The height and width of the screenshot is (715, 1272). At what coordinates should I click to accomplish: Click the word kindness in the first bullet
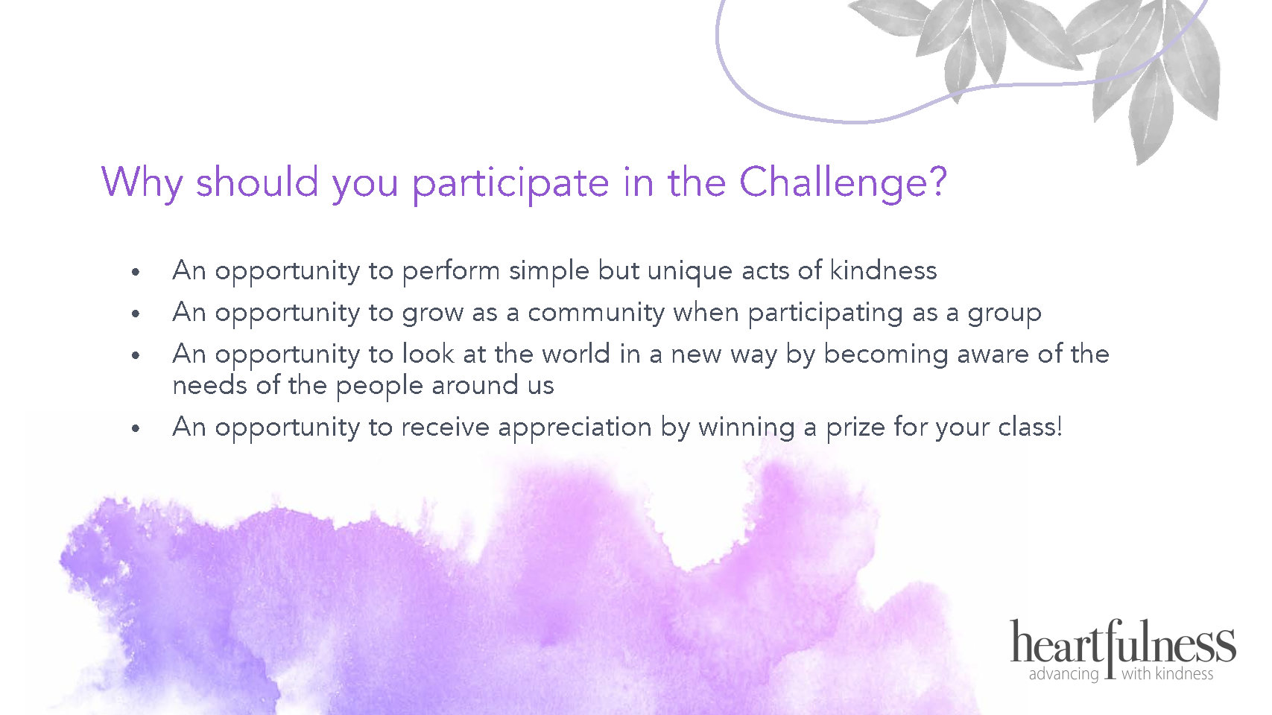point(883,270)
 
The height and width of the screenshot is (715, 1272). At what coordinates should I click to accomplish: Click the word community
point(595,314)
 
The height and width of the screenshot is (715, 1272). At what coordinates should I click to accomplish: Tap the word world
point(576,354)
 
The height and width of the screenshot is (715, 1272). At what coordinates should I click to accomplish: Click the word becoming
point(885,355)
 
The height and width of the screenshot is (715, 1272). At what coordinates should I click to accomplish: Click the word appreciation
point(575,428)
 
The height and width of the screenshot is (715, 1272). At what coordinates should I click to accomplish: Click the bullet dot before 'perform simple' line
point(135,273)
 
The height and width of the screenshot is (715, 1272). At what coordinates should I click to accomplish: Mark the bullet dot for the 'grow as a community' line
point(135,314)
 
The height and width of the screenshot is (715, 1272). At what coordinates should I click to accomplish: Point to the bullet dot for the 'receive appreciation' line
point(135,428)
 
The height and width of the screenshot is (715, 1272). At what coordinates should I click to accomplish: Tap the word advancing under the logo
point(1063,675)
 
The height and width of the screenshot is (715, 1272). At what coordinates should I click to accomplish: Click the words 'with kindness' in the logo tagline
point(1168,673)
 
